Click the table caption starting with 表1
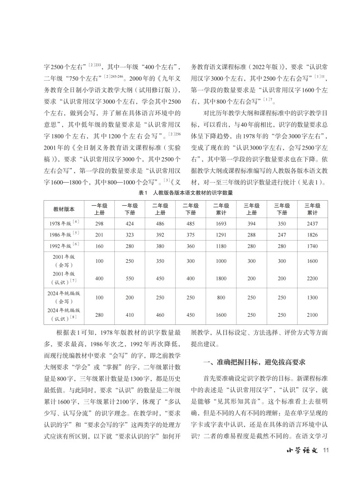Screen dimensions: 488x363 181,193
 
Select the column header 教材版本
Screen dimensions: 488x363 64,209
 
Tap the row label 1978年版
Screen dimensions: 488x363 64,223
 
